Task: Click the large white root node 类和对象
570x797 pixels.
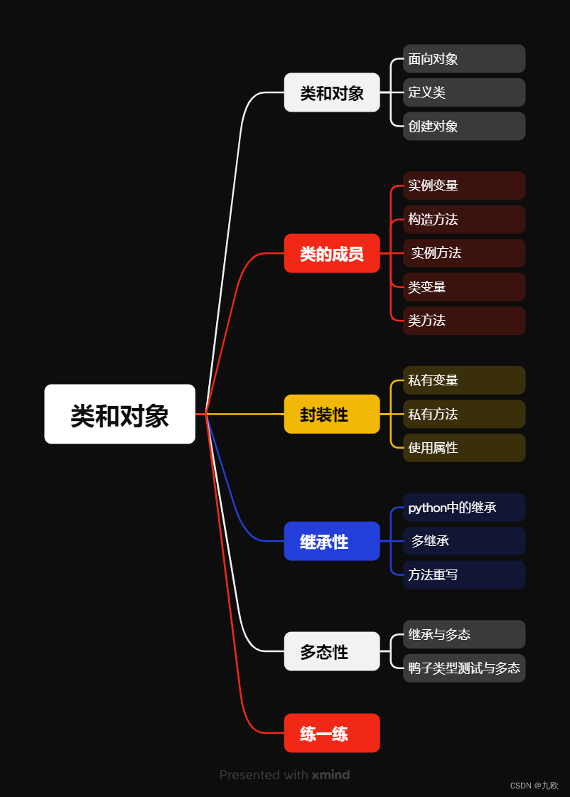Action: [x=119, y=414]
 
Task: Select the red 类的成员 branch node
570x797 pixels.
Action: [x=332, y=253]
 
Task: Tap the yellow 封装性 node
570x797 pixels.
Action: [x=332, y=414]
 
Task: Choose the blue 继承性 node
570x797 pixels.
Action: [x=332, y=541]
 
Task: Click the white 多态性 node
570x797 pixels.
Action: [x=332, y=651]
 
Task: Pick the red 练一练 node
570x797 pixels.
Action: [x=332, y=733]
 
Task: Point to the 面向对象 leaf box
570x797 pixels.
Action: [x=464, y=59]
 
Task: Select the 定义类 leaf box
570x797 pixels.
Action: [x=464, y=92]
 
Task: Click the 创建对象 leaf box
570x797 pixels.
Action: [x=464, y=126]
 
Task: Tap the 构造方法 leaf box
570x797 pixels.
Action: [x=464, y=219]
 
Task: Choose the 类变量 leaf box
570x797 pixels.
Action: [x=464, y=287]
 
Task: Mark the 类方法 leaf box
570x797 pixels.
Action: [x=464, y=321]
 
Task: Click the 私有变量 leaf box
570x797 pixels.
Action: [x=464, y=380]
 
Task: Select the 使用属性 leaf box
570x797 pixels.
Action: [x=464, y=448]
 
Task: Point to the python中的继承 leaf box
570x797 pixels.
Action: [x=464, y=507]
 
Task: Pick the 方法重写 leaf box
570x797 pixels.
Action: [x=464, y=574]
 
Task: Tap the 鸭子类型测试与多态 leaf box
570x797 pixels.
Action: [x=464, y=668]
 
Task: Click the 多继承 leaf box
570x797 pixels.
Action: [x=464, y=541]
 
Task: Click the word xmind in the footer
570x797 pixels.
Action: [x=330, y=775]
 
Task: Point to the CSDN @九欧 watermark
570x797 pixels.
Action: [x=534, y=786]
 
